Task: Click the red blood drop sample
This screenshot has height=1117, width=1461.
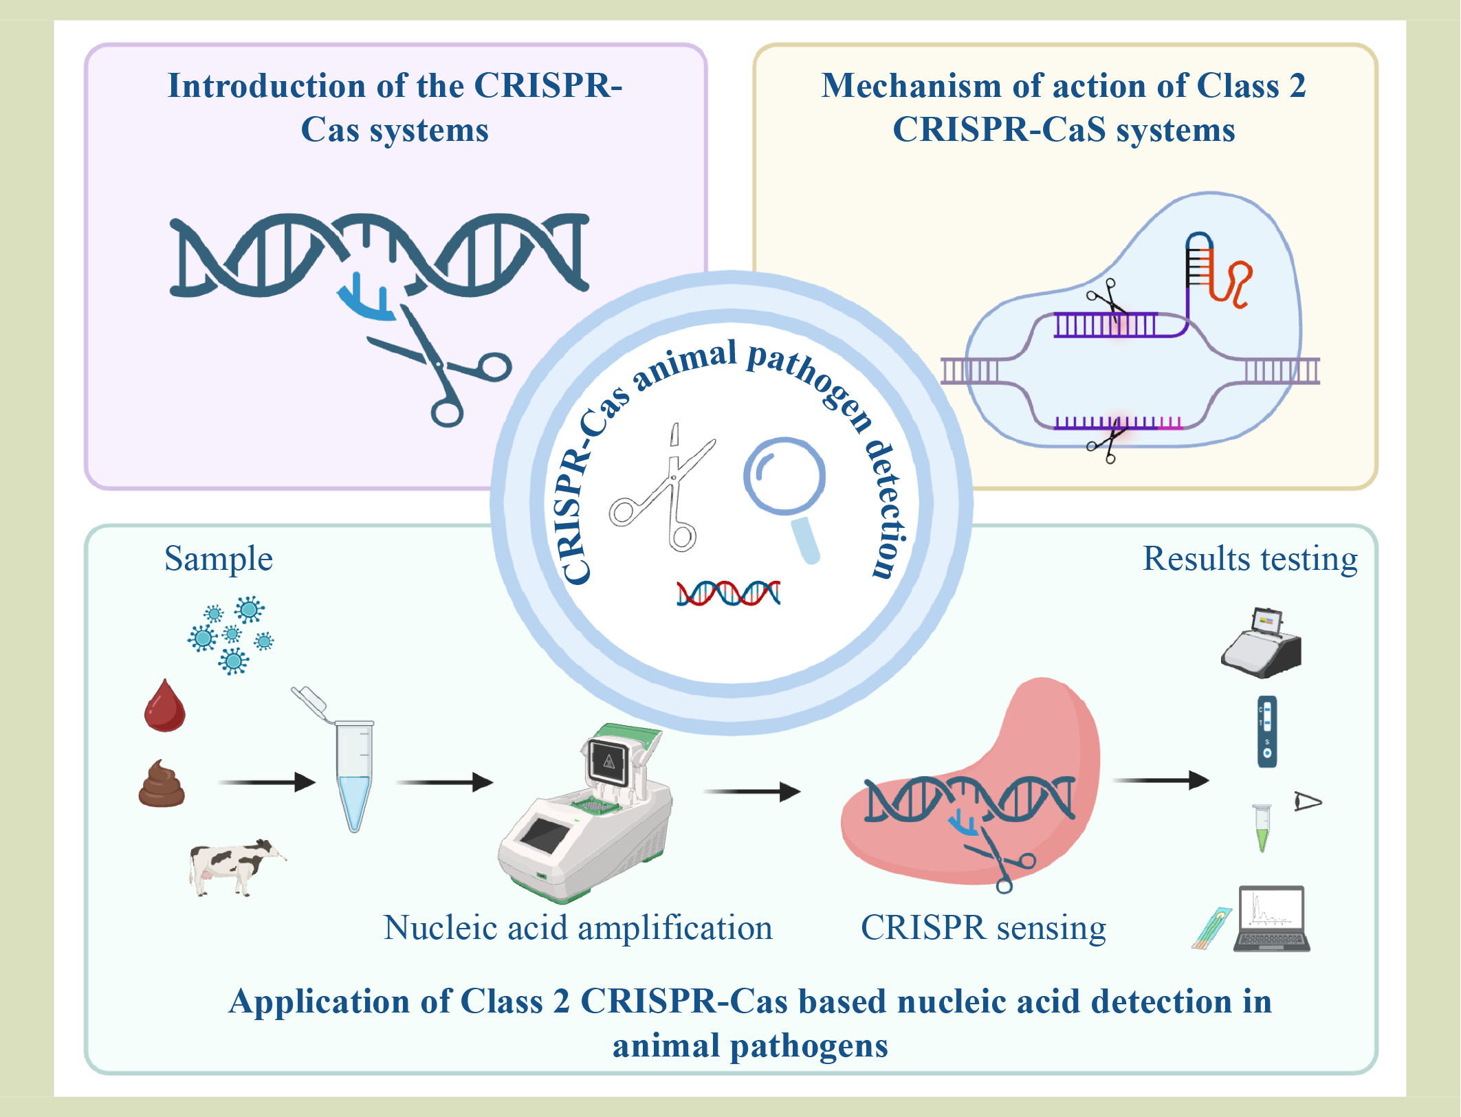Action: [164, 707]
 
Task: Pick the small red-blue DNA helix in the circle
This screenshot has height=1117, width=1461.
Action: [728, 593]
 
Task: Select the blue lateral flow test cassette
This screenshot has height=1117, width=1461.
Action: [1267, 731]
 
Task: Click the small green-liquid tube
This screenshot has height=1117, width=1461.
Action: [1262, 828]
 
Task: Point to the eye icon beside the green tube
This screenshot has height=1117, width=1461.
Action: [1307, 801]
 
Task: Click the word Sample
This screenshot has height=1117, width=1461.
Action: [219, 559]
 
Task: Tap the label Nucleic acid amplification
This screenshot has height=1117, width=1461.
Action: [578, 928]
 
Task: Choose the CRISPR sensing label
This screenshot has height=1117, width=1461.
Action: [983, 928]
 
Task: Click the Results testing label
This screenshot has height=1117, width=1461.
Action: [1249, 559]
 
